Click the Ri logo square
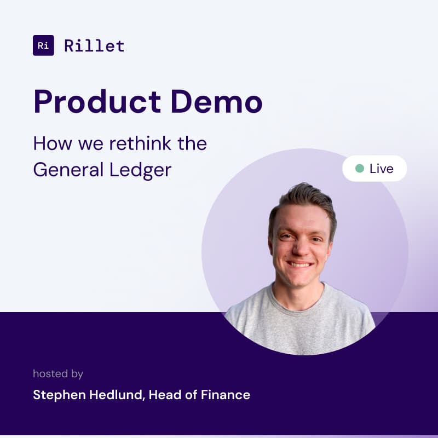point(43,45)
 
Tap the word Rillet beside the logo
point(94,45)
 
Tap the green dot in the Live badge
point(359,169)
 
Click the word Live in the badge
point(381,169)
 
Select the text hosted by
point(58,374)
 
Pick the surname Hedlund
point(114,394)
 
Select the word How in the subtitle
point(48,144)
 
